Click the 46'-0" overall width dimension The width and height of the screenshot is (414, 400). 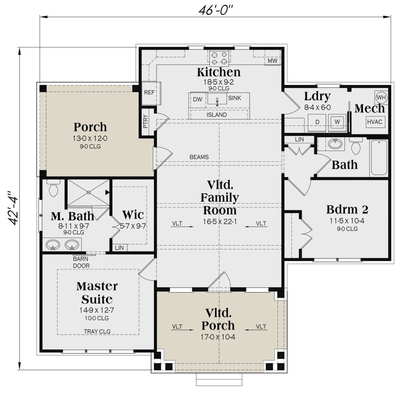pyautogui.click(x=215, y=10)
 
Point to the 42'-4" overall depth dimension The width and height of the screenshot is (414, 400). pyautogui.click(x=12, y=208)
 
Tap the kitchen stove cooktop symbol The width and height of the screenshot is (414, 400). pyautogui.click(x=219, y=58)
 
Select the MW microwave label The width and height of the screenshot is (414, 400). pyautogui.click(x=272, y=61)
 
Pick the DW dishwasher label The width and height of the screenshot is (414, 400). pyautogui.click(x=197, y=100)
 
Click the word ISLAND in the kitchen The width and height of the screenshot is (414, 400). pyautogui.click(x=217, y=115)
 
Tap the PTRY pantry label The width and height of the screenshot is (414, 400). pyautogui.click(x=146, y=121)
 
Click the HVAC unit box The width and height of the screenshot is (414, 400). pyautogui.click(x=375, y=122)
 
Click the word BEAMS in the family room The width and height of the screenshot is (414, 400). pyautogui.click(x=199, y=157)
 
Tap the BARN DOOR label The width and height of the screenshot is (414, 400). pyautogui.click(x=81, y=262)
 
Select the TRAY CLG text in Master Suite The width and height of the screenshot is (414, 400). pyautogui.click(x=97, y=331)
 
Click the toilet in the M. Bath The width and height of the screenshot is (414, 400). pyautogui.click(x=53, y=188)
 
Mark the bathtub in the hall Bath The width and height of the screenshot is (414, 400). pyautogui.click(x=379, y=157)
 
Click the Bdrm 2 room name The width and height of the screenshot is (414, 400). pyautogui.click(x=347, y=209)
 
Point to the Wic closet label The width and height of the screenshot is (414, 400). pyautogui.click(x=133, y=215)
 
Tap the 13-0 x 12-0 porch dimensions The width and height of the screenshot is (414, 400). pyautogui.click(x=90, y=139)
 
